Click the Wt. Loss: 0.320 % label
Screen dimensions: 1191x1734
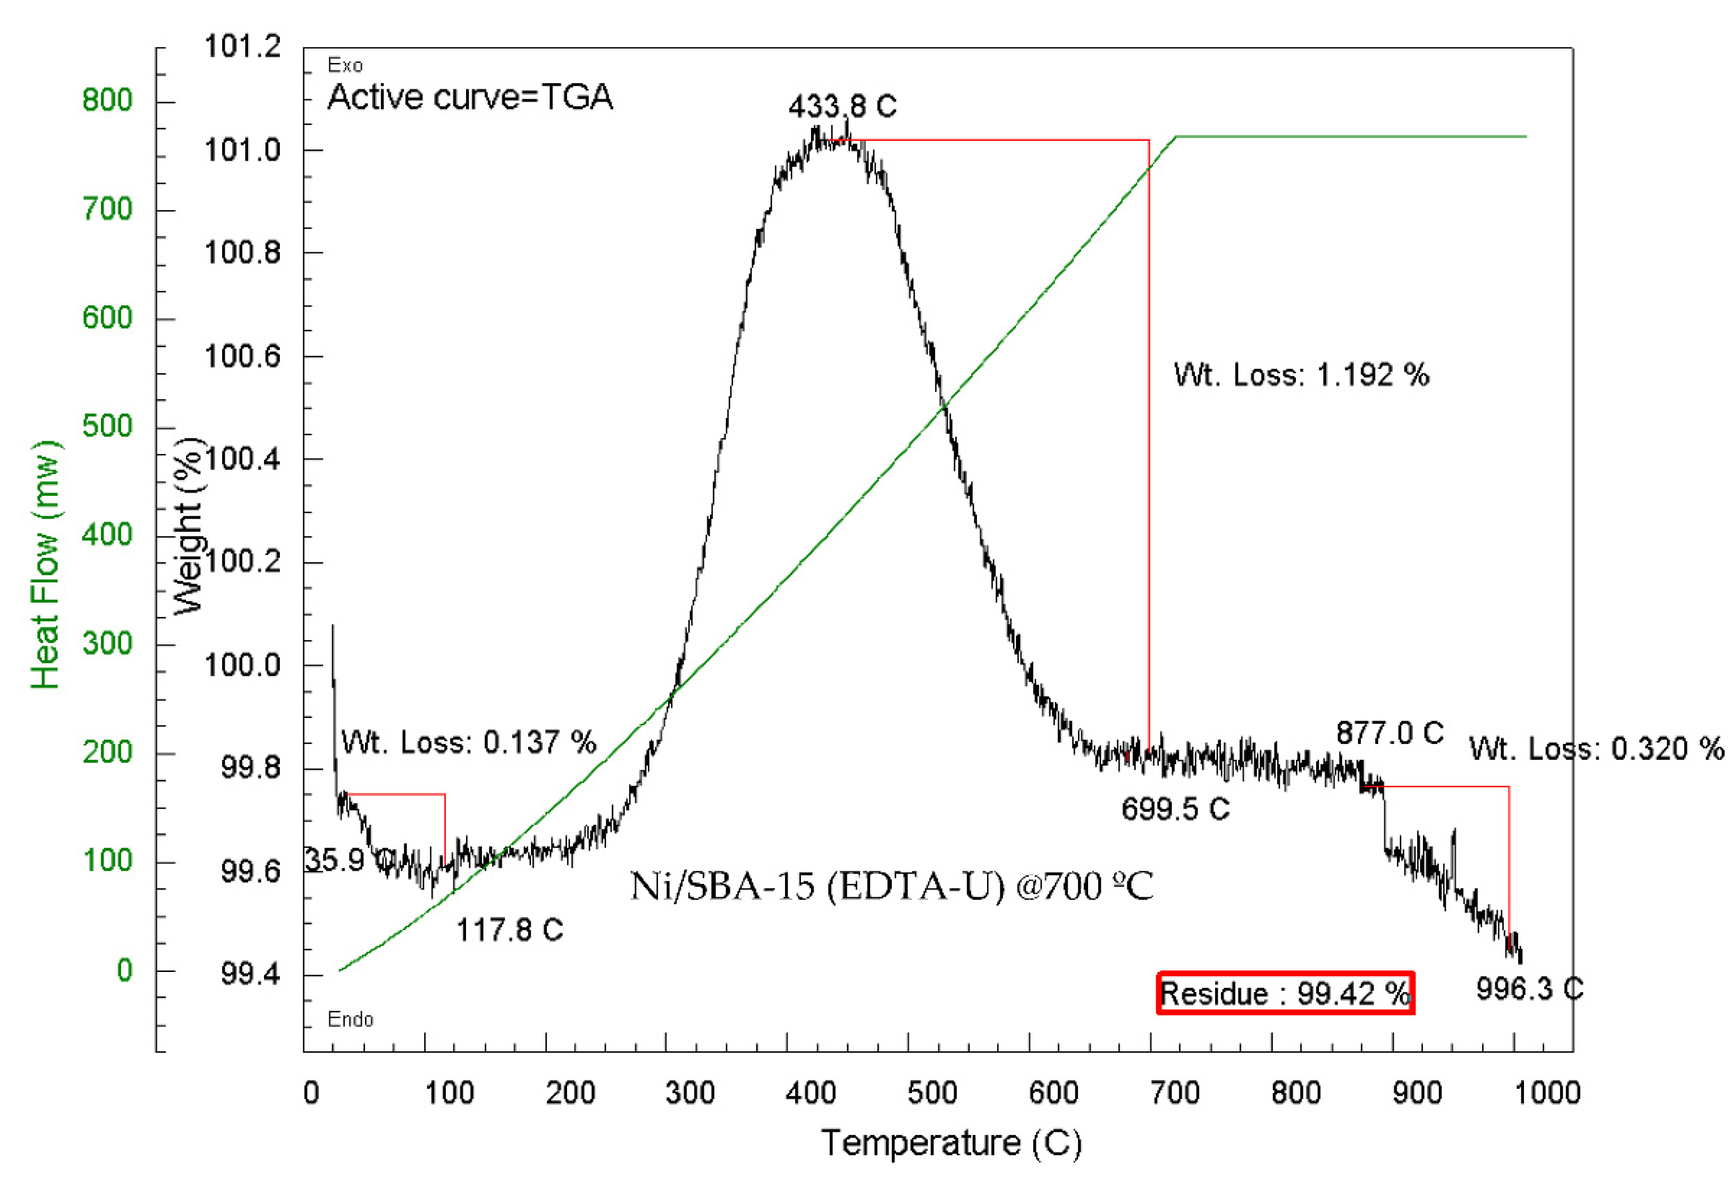click(1596, 749)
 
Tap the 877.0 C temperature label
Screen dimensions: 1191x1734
click(1389, 733)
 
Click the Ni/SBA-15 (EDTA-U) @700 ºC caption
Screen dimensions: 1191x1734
click(892, 887)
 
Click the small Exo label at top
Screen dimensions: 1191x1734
click(345, 66)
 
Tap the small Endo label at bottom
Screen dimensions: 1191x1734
click(350, 1020)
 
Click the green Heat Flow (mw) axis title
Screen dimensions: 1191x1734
click(45, 565)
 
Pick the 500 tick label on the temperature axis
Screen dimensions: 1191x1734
click(932, 1093)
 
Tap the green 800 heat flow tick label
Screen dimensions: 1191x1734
click(107, 100)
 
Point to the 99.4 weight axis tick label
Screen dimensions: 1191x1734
click(250, 974)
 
